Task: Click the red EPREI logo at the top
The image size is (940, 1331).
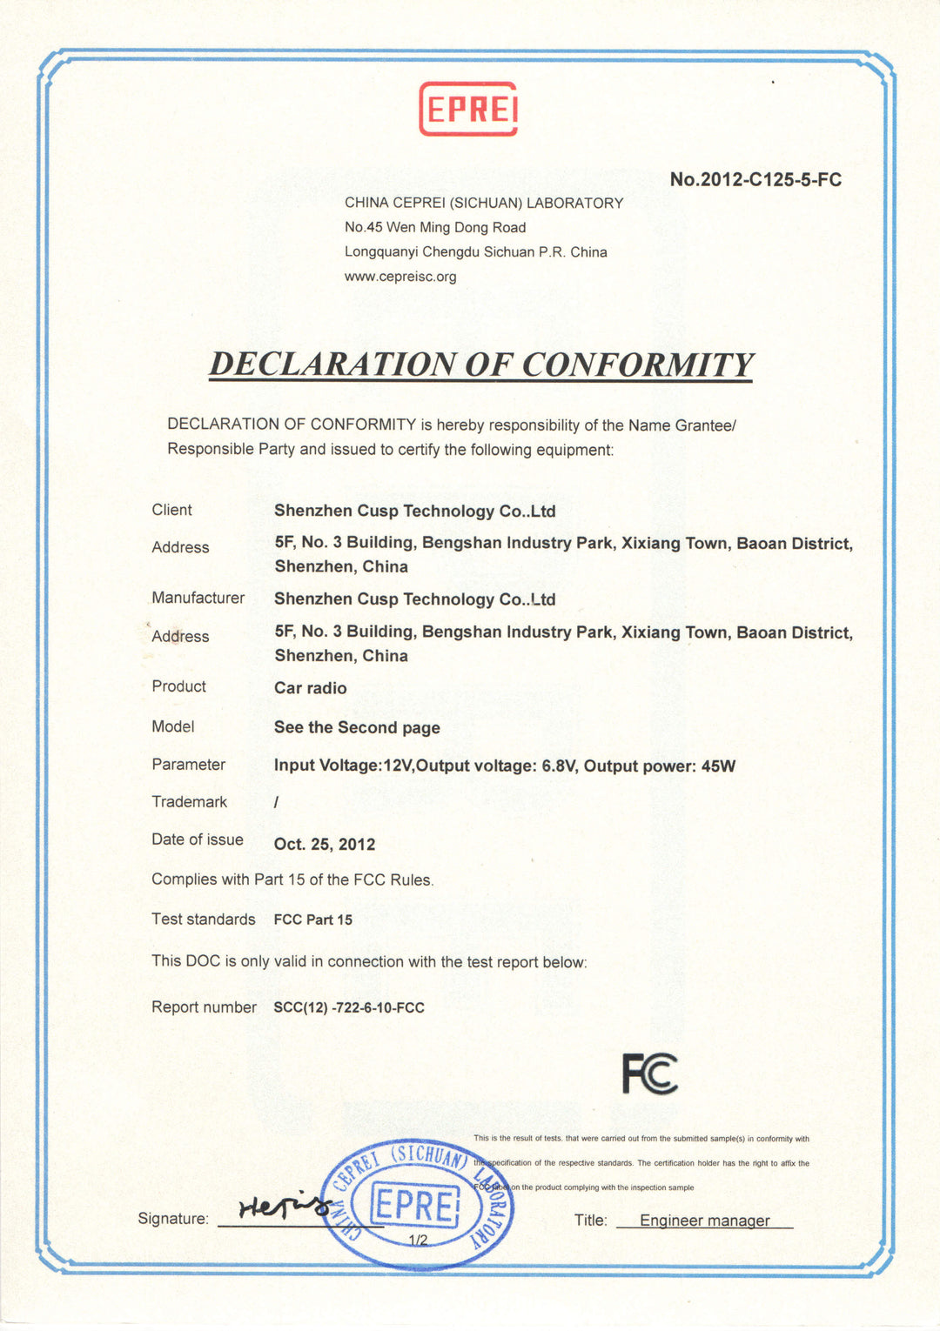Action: point(468,109)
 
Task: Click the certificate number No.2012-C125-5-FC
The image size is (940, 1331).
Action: point(755,180)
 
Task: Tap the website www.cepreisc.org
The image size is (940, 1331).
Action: point(400,277)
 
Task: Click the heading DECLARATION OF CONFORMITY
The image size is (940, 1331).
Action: point(480,365)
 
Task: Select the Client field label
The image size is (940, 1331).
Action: point(171,510)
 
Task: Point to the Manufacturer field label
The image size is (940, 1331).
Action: point(198,598)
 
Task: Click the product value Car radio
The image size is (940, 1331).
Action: point(310,688)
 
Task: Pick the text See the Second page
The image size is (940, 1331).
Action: point(357,727)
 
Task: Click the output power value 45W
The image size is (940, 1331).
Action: point(718,766)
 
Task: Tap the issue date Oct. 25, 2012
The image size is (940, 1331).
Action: point(325,844)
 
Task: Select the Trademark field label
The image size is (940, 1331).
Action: point(189,801)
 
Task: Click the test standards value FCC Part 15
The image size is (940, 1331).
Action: point(313,920)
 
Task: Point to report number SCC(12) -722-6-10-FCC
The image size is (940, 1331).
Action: point(349,1007)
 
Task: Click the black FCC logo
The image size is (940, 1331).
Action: point(649,1073)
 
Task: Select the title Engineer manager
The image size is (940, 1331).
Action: point(705,1221)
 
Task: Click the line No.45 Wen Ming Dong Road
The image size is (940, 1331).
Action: point(435,227)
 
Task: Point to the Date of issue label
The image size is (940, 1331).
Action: point(198,839)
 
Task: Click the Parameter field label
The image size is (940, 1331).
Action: point(188,765)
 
